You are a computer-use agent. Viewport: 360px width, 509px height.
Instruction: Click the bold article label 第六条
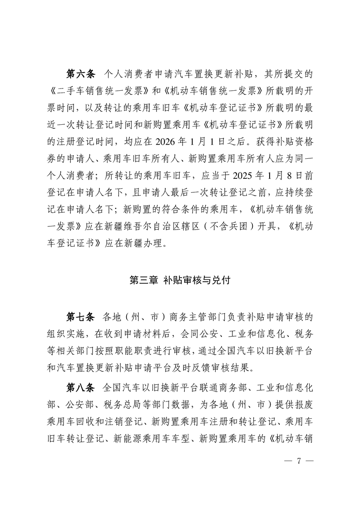click(x=80, y=73)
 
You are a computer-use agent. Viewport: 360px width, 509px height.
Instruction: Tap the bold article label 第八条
click(x=80, y=388)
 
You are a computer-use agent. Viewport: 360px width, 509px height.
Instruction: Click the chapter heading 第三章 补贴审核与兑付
click(x=180, y=280)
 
